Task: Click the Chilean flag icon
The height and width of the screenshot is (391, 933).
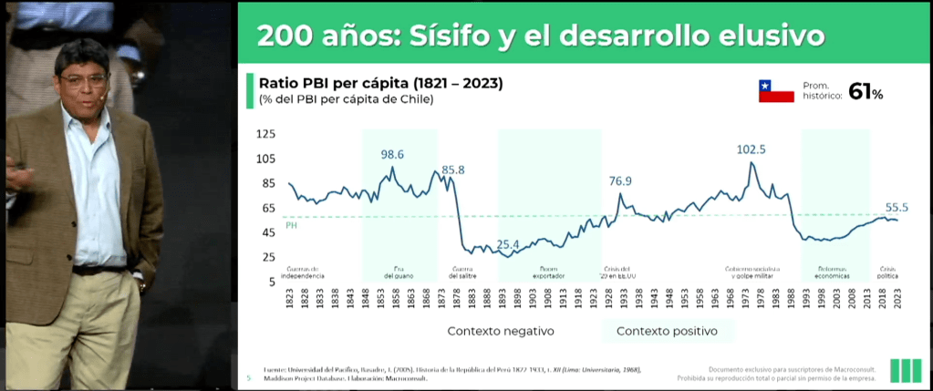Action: click(776, 91)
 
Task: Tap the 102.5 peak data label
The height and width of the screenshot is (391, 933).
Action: click(752, 149)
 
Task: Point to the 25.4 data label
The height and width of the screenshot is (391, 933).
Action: click(507, 244)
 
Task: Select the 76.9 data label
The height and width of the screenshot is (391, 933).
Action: click(620, 180)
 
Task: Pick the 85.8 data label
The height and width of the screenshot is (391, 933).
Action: click(453, 170)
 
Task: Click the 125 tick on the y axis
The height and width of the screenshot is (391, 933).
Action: click(265, 134)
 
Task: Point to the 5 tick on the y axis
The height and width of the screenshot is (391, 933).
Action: click(271, 282)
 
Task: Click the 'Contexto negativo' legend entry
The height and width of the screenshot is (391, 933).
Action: click(501, 331)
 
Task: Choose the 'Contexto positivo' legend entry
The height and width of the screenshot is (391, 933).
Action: click(667, 331)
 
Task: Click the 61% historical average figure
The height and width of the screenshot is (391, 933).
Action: click(865, 91)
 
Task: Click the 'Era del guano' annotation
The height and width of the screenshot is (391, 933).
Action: click(399, 272)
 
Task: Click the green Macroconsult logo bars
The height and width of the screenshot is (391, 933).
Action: click(905, 369)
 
